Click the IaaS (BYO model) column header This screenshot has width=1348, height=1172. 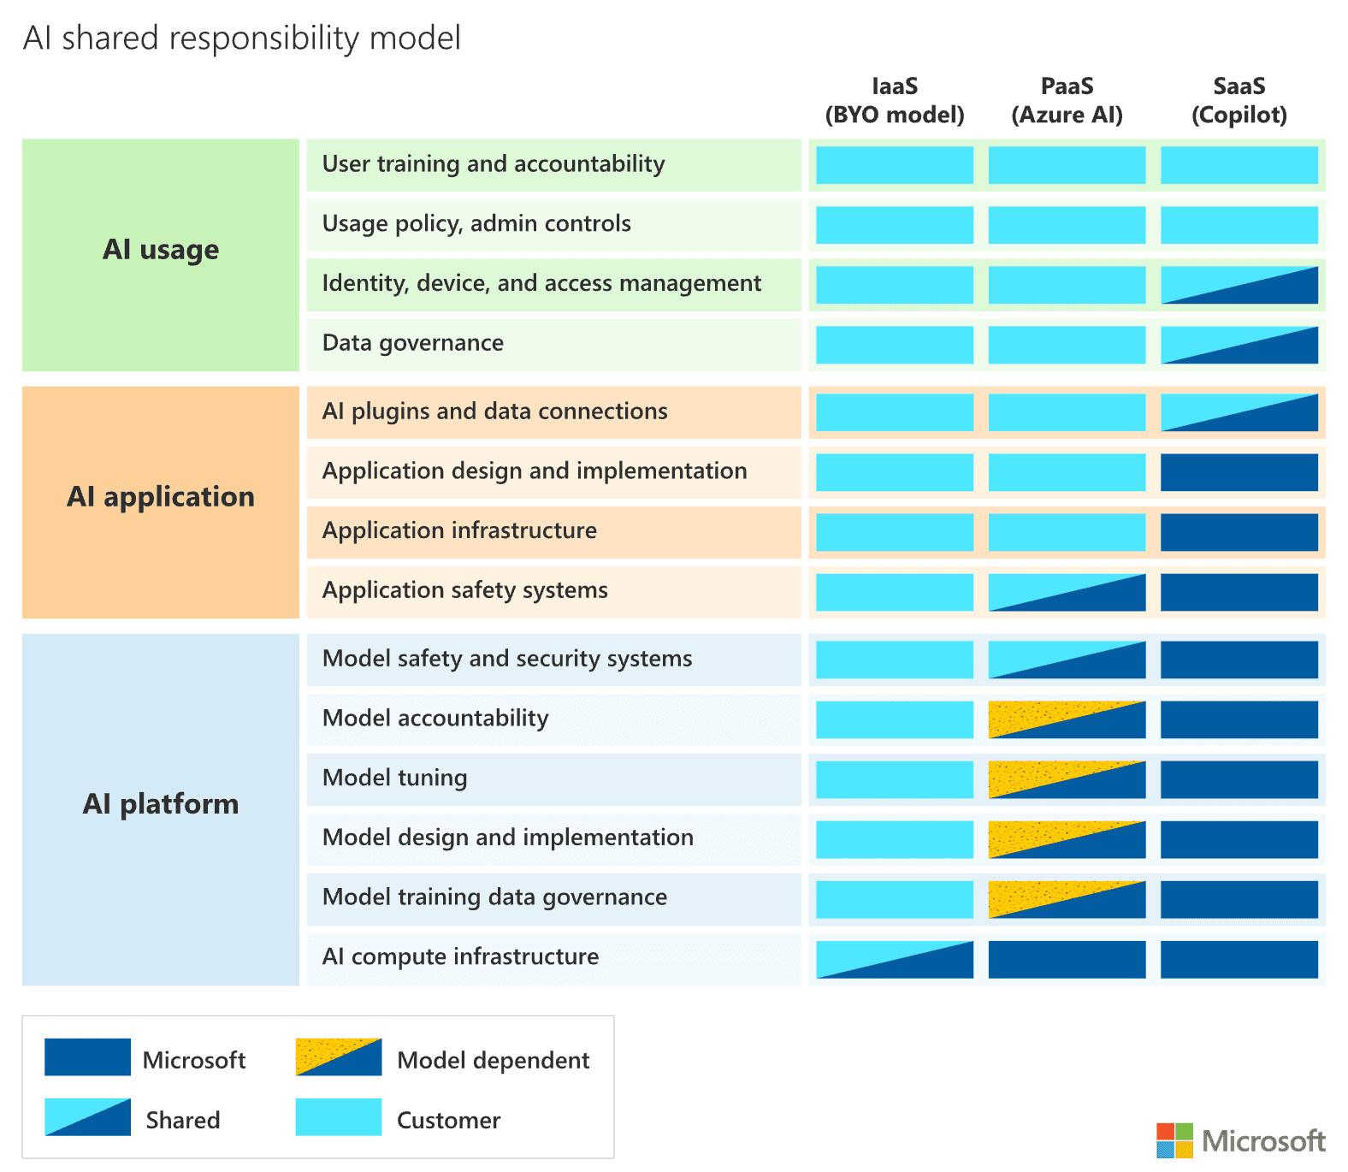click(894, 101)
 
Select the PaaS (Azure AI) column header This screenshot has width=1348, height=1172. click(1067, 101)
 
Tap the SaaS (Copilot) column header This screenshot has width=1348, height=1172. click(1239, 101)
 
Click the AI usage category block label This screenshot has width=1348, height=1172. click(161, 250)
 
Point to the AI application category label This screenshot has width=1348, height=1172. click(161, 497)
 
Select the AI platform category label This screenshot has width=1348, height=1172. click(161, 804)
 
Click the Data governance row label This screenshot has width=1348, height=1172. click(412, 343)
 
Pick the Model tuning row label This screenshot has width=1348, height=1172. click(394, 778)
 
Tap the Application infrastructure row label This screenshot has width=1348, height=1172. click(459, 530)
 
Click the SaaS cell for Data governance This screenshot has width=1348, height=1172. click(1239, 345)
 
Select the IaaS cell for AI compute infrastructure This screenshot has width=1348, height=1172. click(894, 959)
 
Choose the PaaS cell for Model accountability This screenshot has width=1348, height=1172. click(1067, 719)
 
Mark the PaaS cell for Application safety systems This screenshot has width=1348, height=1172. click(1067, 592)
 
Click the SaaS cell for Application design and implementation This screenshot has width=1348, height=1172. click(1239, 472)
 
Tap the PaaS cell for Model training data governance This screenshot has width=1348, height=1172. click(1067, 899)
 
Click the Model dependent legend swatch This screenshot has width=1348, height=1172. click(339, 1057)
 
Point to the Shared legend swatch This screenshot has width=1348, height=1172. click(87, 1117)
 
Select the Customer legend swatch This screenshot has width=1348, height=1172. click(339, 1117)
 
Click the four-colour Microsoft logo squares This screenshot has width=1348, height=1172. click(1174, 1140)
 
